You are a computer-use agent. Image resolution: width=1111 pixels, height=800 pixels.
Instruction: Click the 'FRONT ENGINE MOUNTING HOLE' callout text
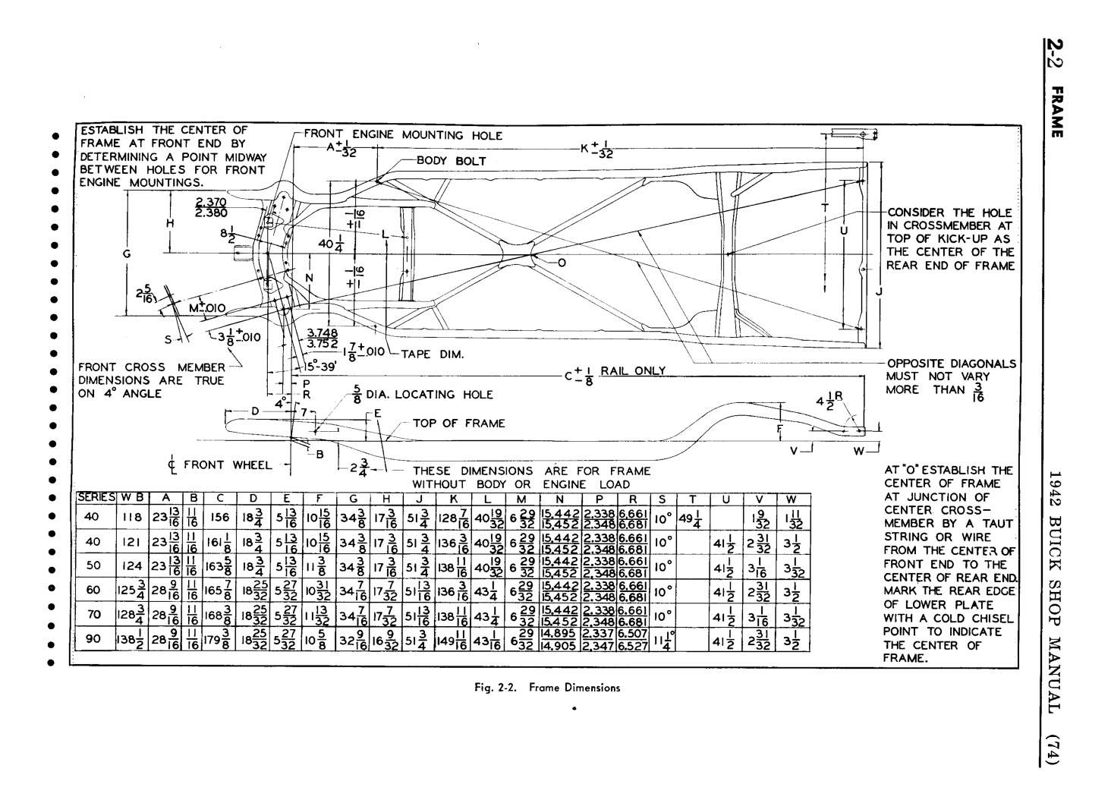(x=403, y=135)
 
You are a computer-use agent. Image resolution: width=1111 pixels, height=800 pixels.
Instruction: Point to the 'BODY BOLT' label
(x=451, y=162)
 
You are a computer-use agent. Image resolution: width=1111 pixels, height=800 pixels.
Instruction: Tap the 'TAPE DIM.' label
(x=432, y=354)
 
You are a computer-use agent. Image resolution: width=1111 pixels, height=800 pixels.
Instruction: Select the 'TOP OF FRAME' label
(x=458, y=424)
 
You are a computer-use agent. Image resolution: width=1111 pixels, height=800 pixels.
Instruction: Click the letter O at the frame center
(x=562, y=263)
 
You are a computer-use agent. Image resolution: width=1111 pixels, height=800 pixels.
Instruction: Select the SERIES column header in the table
(x=96, y=498)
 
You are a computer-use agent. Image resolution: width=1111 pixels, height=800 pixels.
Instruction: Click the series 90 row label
(x=93, y=639)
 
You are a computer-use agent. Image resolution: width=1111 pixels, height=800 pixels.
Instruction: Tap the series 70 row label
(x=93, y=615)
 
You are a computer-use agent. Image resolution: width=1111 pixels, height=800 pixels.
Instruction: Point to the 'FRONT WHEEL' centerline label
(x=221, y=465)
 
